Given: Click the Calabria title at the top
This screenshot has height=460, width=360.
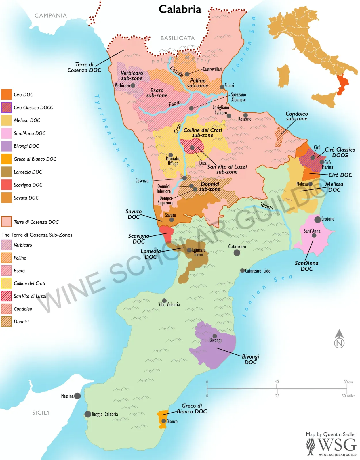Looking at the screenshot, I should [x=180, y=9].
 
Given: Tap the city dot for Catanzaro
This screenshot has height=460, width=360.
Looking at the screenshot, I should [x=237, y=252].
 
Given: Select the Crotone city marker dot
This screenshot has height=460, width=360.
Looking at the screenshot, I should [x=317, y=220].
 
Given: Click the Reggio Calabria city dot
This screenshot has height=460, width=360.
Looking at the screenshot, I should [x=88, y=414].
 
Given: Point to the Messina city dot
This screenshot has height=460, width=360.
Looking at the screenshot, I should [x=77, y=396].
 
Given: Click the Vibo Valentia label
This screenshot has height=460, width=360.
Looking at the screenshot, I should [x=169, y=305].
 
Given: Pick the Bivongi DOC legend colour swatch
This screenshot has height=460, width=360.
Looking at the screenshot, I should [x=6, y=146].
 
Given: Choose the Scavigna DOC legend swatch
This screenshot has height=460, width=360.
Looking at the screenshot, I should [x=6, y=185].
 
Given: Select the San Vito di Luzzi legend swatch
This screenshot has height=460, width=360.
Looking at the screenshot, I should [x=6, y=296].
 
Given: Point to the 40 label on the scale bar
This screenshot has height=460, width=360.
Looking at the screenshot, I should [x=277, y=382].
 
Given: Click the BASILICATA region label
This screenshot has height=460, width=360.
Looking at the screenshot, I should [x=178, y=38].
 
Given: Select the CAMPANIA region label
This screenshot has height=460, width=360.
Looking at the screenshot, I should [x=51, y=16].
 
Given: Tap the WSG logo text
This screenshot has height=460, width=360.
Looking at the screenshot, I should [x=337, y=445].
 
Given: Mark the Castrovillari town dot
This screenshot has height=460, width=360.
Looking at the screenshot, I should [x=187, y=74].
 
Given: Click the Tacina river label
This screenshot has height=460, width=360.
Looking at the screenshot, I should [x=267, y=206].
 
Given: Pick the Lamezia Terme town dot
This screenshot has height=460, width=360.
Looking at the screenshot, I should [x=189, y=250].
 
